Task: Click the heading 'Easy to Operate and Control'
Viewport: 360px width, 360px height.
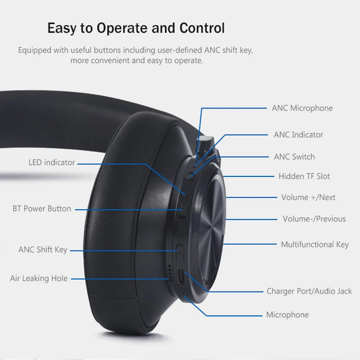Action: [x=136, y=28]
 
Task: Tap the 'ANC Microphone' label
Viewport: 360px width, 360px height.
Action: [x=302, y=108]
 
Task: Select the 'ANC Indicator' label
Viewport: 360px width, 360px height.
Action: [x=298, y=135]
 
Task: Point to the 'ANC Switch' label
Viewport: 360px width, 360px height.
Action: [x=294, y=157]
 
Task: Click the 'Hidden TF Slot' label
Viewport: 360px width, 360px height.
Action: [x=304, y=176]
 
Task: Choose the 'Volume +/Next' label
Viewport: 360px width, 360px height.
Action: [x=308, y=197]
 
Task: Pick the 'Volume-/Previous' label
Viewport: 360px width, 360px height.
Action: [x=314, y=219]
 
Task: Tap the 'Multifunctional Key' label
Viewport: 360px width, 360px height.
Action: [x=315, y=244]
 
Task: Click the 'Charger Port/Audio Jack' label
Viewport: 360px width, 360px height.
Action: [x=309, y=291]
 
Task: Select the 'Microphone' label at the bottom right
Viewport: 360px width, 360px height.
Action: [x=287, y=315]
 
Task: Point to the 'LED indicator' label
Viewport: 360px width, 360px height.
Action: [x=52, y=162]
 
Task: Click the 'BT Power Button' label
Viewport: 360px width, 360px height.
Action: [x=42, y=209]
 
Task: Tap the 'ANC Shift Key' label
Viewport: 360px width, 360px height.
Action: [x=43, y=249]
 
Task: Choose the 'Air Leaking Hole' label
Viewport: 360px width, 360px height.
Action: [x=39, y=278]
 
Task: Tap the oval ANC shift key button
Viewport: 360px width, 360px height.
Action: [x=180, y=250]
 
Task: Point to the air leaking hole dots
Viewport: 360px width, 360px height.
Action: [x=170, y=272]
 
